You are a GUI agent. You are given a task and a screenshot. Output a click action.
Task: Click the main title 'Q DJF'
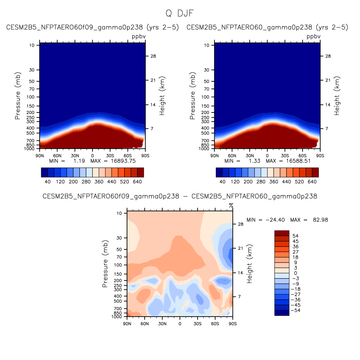coord(180,14)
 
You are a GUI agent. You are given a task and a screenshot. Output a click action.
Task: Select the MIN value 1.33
coord(254,161)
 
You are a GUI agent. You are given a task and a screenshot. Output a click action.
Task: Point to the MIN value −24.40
coord(275,220)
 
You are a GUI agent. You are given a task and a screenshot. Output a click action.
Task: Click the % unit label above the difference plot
coord(231,205)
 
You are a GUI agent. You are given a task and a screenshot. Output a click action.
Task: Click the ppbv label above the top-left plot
coord(139,37)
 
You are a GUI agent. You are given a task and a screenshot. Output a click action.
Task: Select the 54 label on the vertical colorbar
coord(295,236)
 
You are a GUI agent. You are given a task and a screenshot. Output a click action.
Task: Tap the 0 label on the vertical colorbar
coord(295,273)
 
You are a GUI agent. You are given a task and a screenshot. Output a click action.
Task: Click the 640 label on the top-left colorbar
coord(137,182)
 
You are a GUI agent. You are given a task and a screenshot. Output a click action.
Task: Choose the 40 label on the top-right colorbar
coord(222,182)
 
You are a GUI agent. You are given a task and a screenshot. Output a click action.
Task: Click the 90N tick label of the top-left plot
coord(40,156)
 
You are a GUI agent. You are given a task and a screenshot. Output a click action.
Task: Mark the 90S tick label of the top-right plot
coord(320,156)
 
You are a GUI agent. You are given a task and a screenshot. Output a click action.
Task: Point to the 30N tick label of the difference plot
coord(162,324)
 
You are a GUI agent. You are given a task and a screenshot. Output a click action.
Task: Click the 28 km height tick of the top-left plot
coord(153,56)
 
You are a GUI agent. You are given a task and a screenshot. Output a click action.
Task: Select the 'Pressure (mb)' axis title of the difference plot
coord(105,264)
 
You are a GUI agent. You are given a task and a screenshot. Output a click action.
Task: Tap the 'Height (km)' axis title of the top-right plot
coord(337,96)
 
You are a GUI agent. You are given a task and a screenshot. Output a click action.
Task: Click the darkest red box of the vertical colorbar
coord(282,233)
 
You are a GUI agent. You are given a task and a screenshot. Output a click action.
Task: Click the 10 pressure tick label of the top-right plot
coord(207,45)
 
